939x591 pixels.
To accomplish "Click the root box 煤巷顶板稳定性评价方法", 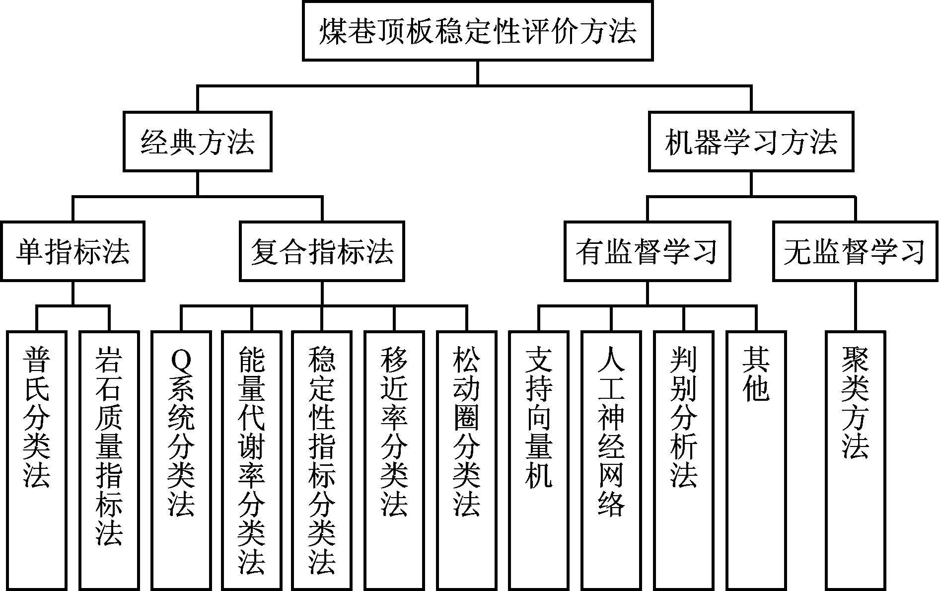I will (477, 31).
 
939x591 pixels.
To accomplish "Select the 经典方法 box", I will (197, 142).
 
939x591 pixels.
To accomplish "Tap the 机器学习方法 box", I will (751, 142).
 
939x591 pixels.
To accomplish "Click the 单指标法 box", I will (72, 251).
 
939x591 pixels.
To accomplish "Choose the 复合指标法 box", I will (322, 251).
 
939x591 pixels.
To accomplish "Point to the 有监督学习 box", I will (647, 251).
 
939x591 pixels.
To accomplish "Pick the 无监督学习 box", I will (855, 251).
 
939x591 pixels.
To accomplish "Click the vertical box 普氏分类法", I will (37, 459).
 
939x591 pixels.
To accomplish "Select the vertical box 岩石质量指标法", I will (109, 459).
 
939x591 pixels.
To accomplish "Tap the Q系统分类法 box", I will (181, 459).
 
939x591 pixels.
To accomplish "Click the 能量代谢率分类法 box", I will (251, 459).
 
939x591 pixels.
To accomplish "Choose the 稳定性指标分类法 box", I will (322, 459).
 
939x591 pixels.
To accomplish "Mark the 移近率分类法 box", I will (394, 459).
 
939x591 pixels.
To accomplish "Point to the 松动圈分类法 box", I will (467, 459).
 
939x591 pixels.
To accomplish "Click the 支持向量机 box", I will (539, 459).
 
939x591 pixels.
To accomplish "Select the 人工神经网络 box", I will (611, 459).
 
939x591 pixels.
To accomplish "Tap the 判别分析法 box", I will (684, 459).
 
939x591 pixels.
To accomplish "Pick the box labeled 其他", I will (756, 459).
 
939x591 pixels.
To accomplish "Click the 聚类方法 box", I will (856, 459).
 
